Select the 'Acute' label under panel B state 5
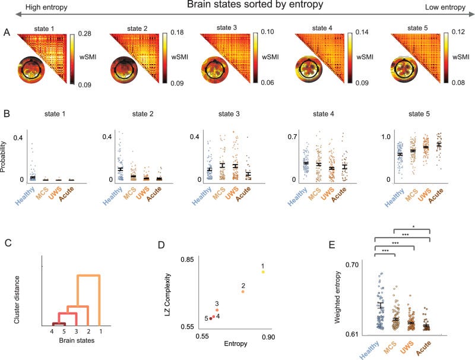click(440, 195)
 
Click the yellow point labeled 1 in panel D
click(263, 271)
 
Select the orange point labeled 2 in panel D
click(243, 291)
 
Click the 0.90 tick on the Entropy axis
click(269, 337)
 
